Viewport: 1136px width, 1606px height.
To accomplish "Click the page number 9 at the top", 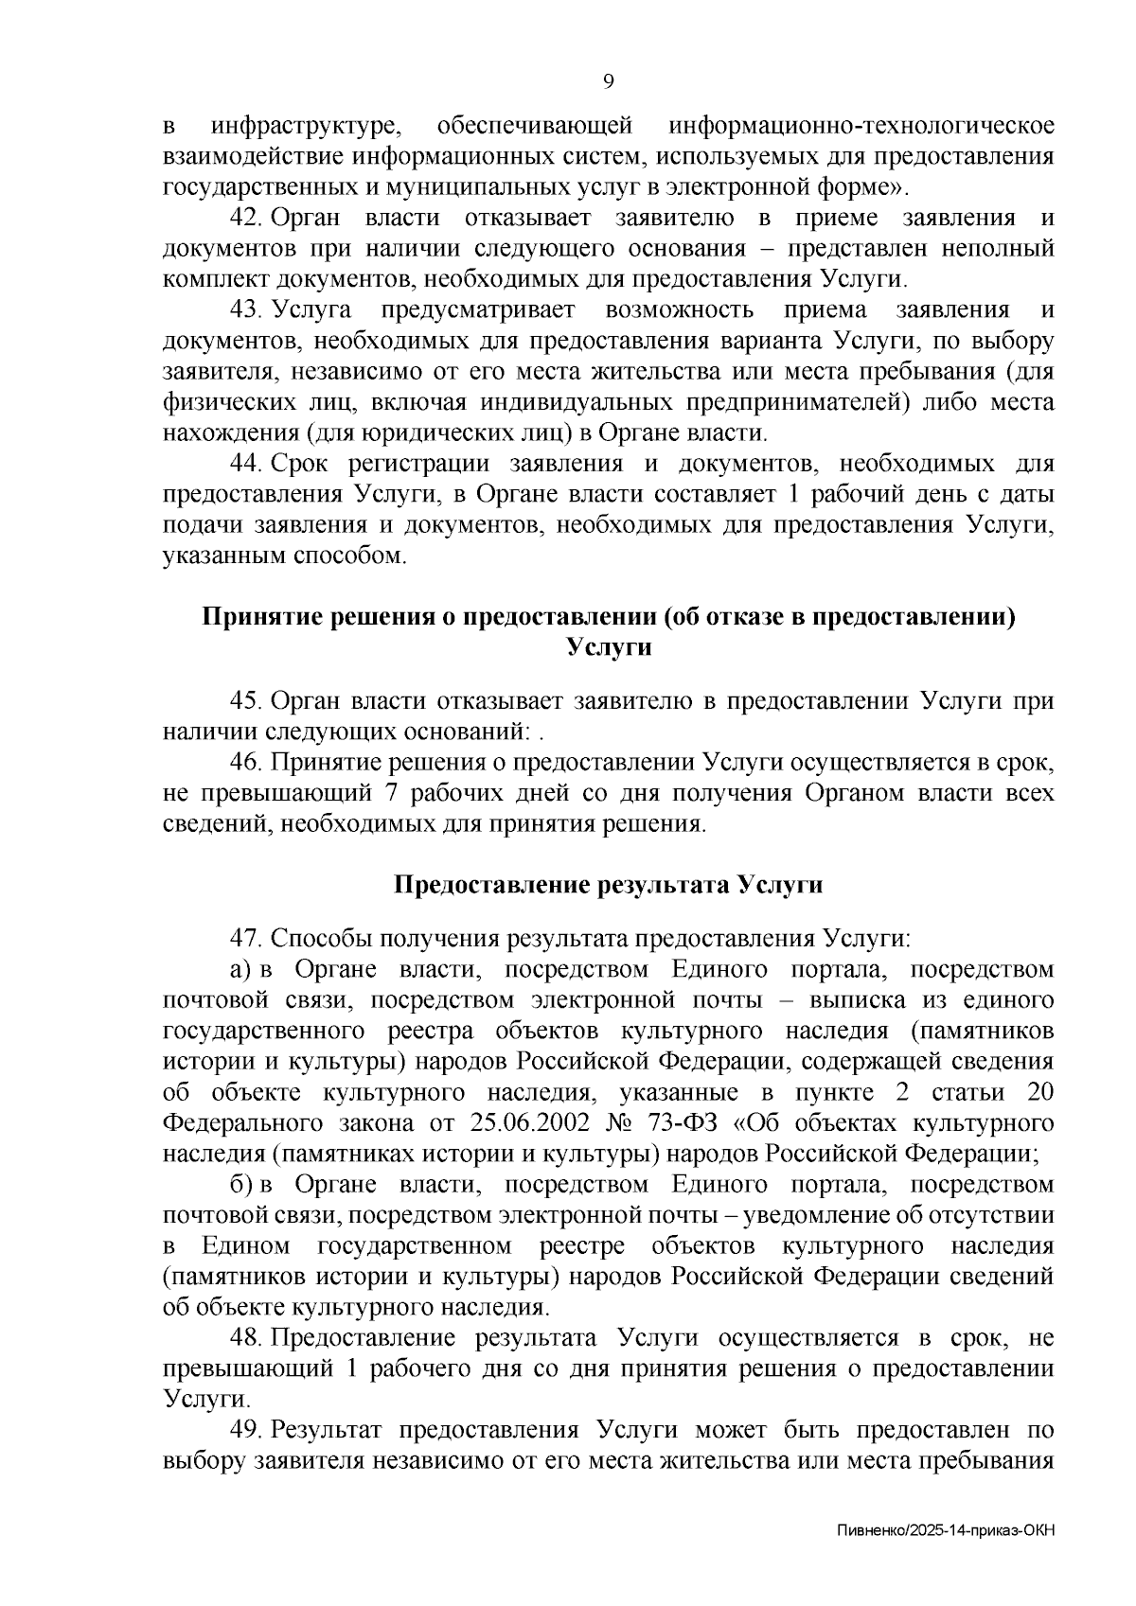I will (609, 81).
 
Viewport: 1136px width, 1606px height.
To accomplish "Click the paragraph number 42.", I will (246, 218).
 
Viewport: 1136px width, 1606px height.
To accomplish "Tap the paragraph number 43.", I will (246, 309).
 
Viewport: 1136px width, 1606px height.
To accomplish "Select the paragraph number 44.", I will (246, 464).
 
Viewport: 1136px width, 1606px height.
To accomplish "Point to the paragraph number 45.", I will (246, 701).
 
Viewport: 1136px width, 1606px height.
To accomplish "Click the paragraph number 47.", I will (246, 938).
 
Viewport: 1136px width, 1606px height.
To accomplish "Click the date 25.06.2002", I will (525, 1122).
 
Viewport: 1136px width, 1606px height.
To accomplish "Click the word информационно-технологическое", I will (861, 126).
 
